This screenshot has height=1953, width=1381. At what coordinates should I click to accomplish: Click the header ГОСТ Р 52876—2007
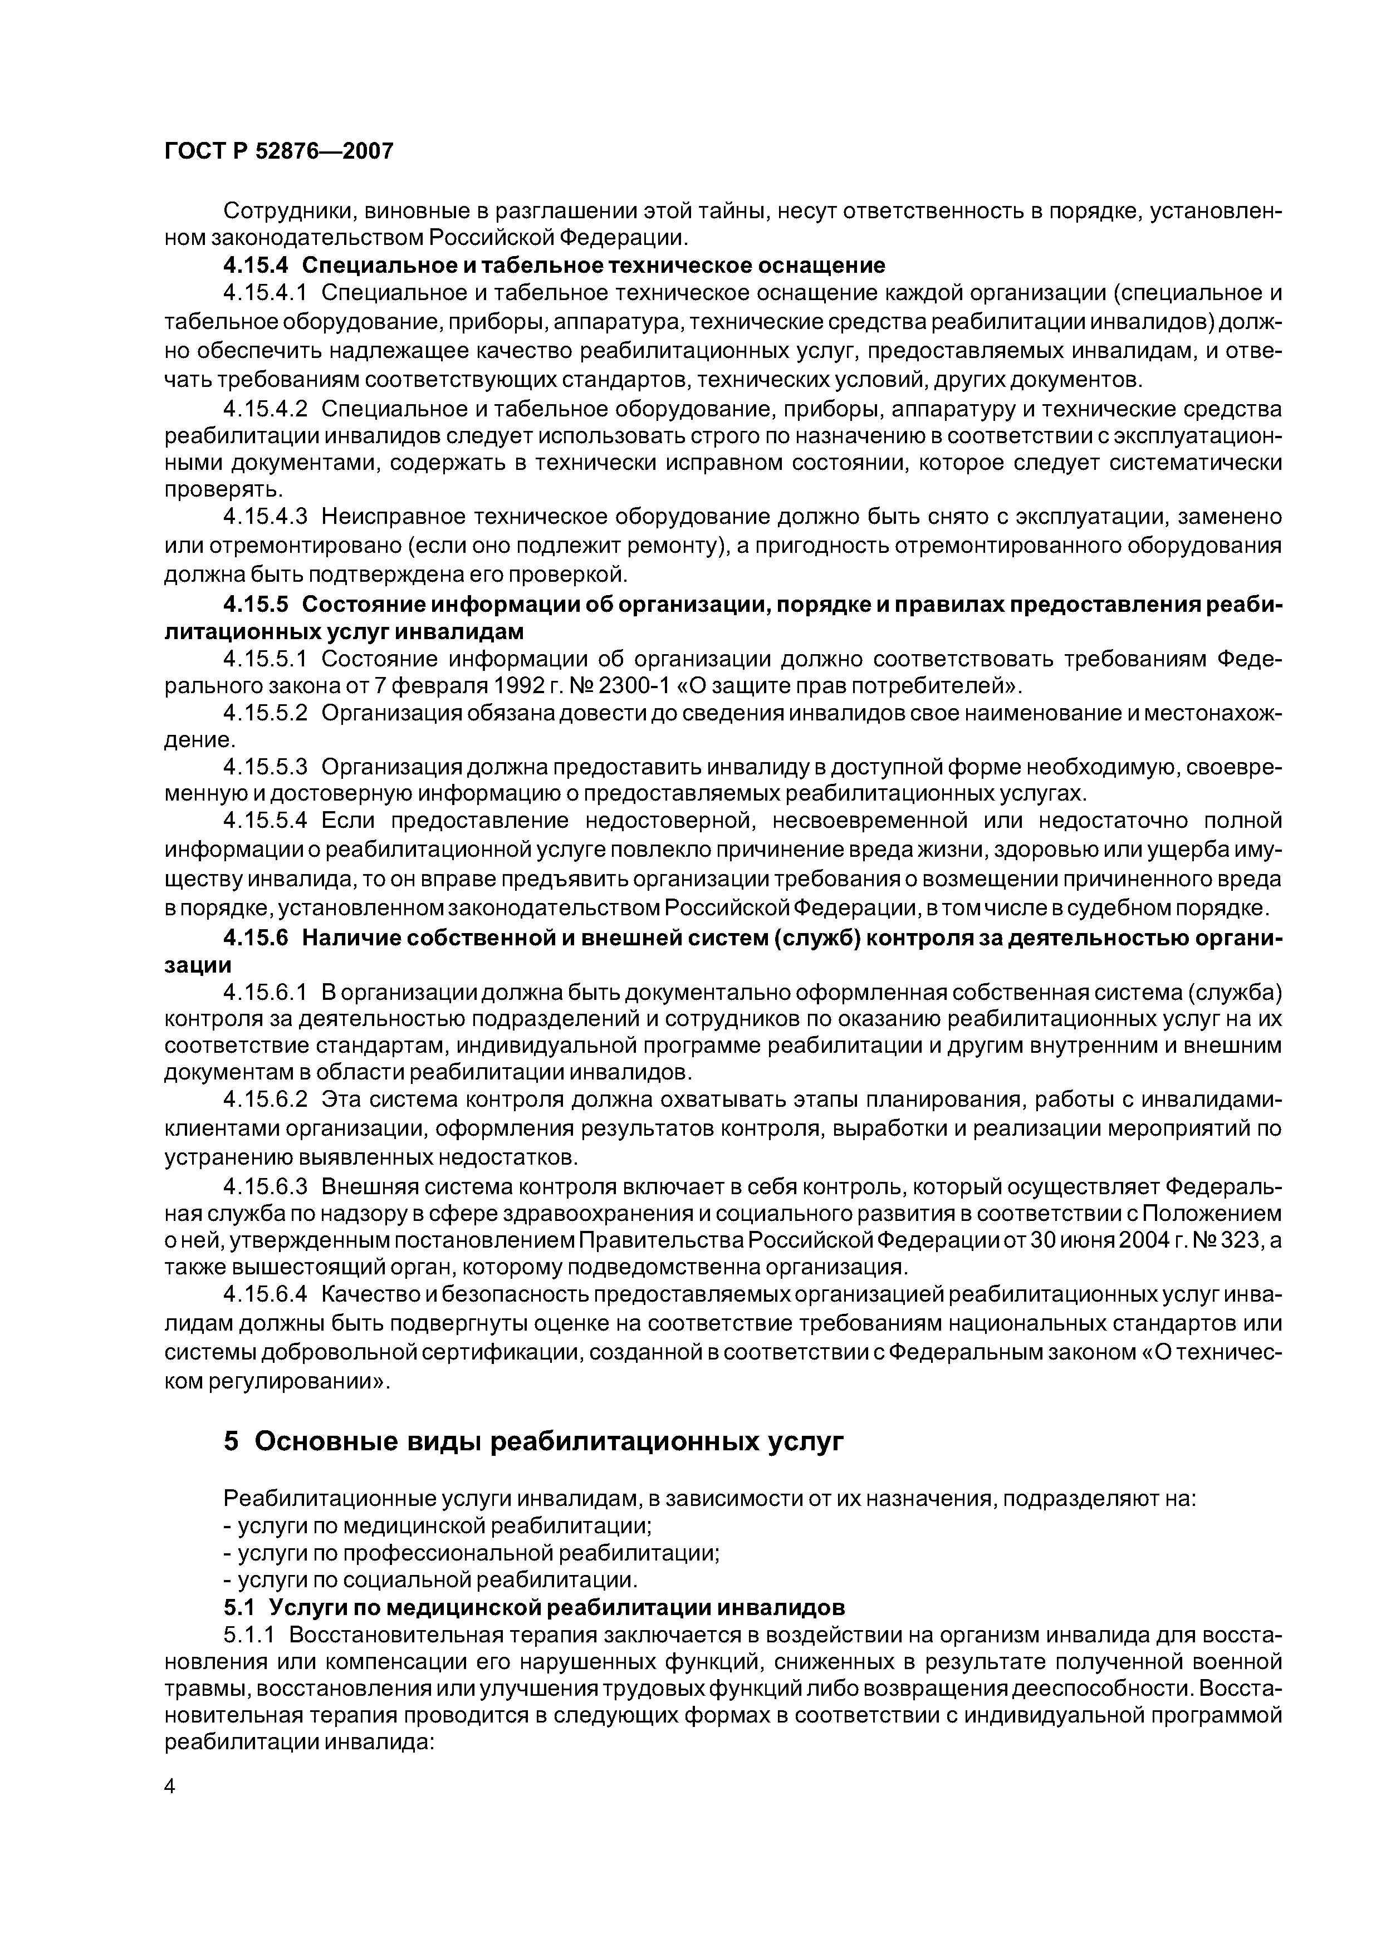pos(278,151)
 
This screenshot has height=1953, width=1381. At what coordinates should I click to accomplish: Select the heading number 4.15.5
pos(256,604)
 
